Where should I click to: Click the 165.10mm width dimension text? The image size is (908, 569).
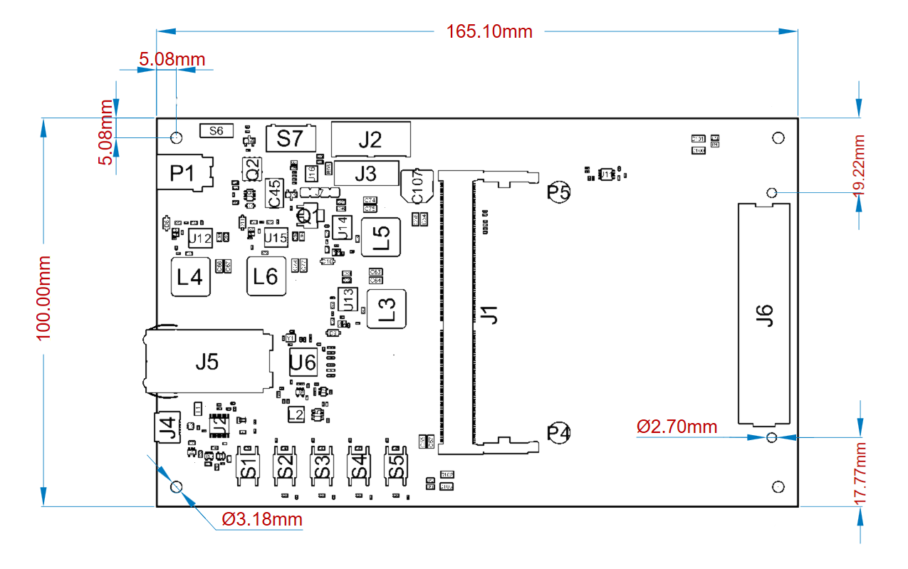(x=489, y=31)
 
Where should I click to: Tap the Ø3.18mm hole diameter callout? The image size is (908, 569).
(x=262, y=519)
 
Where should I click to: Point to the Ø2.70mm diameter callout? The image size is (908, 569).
(x=677, y=427)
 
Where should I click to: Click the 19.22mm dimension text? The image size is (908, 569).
(x=859, y=165)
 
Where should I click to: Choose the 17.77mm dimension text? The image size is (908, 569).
(x=860, y=474)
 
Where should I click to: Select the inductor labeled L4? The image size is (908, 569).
(x=191, y=276)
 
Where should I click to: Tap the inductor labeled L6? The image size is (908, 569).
(x=266, y=276)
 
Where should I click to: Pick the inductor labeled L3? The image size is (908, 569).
(x=386, y=309)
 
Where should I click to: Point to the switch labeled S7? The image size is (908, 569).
(x=290, y=138)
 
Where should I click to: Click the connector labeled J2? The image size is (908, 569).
(x=371, y=140)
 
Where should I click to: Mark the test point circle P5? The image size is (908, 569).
(x=559, y=192)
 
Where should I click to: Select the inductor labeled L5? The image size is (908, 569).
(x=380, y=237)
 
